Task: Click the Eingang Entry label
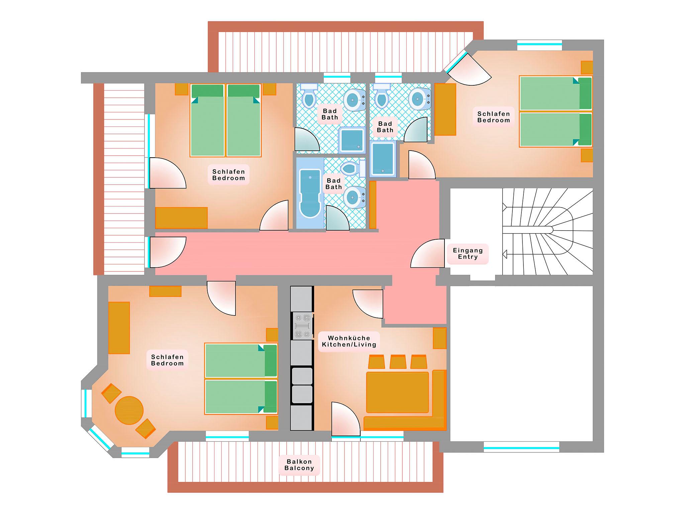tap(468, 254)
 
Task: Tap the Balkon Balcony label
tap(299, 465)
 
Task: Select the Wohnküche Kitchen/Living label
tap(349, 341)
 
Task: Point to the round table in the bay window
tap(129, 410)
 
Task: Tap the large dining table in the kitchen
tap(397, 392)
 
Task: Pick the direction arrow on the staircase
tap(505, 254)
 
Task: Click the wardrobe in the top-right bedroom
tap(445, 109)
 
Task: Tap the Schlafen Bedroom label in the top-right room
tap(493, 117)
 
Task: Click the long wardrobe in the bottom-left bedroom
tap(119, 328)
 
